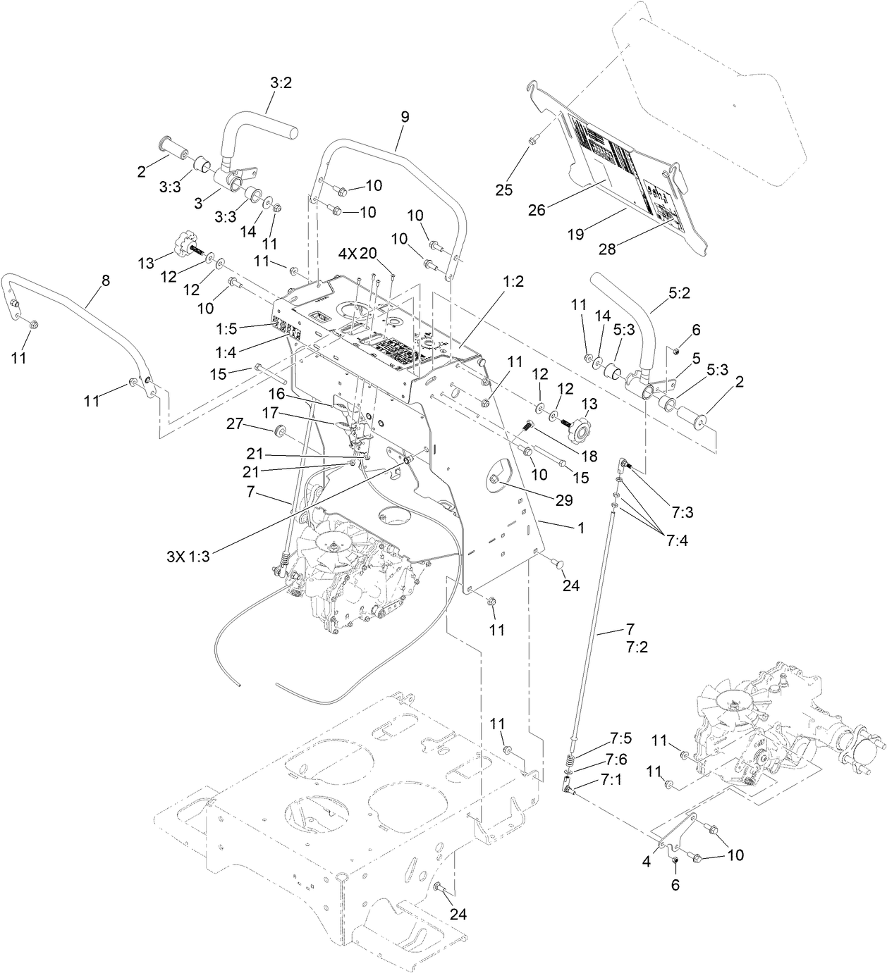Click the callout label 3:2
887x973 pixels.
(281, 83)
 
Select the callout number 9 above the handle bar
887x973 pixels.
(405, 118)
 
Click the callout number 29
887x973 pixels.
(564, 500)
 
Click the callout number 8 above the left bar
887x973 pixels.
(106, 280)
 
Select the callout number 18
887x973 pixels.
(589, 457)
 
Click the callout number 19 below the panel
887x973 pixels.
(576, 236)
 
